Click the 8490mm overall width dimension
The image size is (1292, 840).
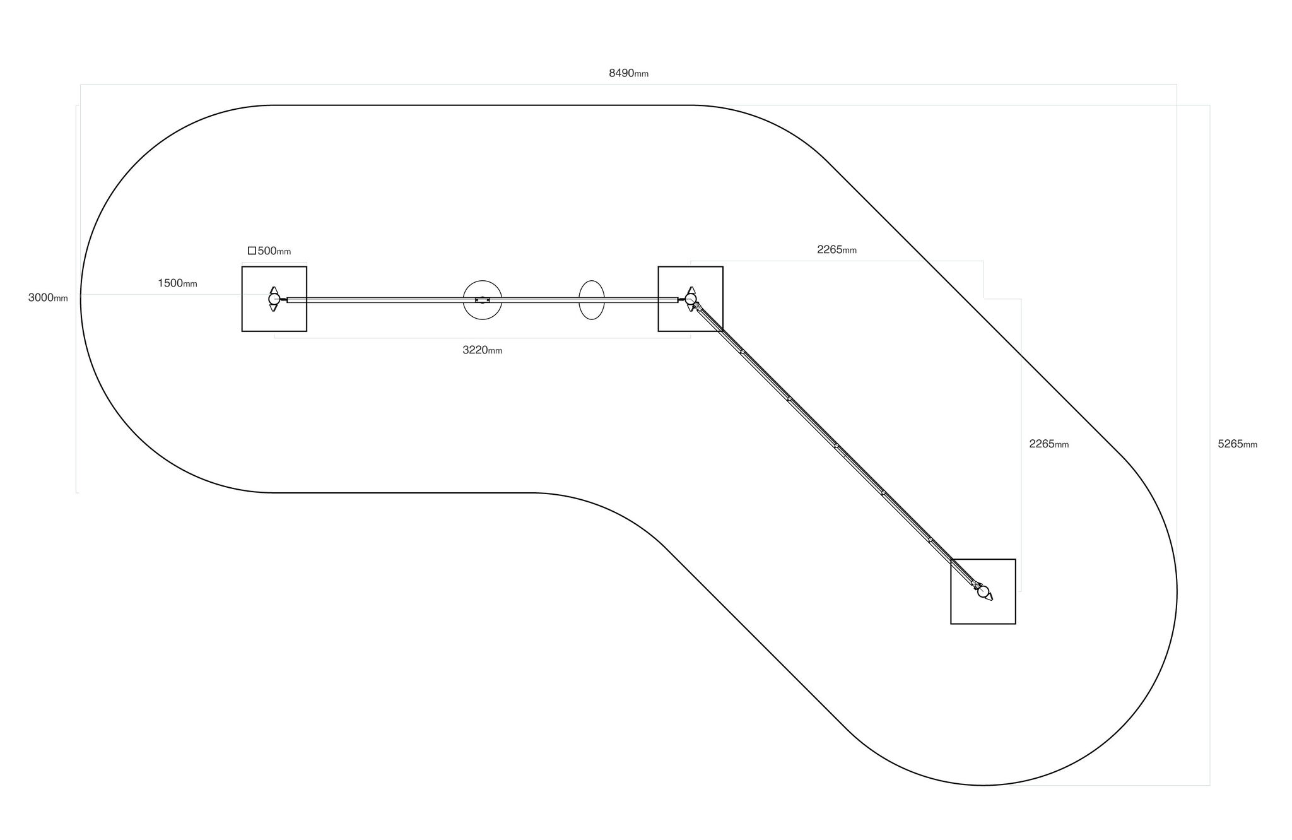pyautogui.click(x=628, y=73)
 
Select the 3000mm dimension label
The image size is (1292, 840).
pyautogui.click(x=48, y=298)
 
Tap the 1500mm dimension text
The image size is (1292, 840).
pyautogui.click(x=177, y=283)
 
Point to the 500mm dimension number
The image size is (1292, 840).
pyautogui.click(x=274, y=251)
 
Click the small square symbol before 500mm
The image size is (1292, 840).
pyautogui.click(x=252, y=251)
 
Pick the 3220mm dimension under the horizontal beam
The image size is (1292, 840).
pyautogui.click(x=483, y=350)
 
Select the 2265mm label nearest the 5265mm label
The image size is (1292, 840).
pyautogui.click(x=1049, y=444)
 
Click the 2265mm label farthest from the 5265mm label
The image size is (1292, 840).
pyautogui.click(x=837, y=250)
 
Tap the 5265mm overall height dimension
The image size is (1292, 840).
pyautogui.click(x=1238, y=444)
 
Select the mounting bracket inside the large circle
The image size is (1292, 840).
pyautogui.click(x=483, y=300)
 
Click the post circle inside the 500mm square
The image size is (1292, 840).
pyautogui.click(x=274, y=299)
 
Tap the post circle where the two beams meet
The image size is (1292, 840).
pyautogui.click(x=690, y=299)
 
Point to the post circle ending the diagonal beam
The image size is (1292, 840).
pyautogui.click(x=983, y=591)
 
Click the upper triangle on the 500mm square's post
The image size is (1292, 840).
pyautogui.click(x=274, y=290)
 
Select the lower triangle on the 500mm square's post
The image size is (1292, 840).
pyautogui.click(x=274, y=308)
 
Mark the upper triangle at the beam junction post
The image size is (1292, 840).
pyautogui.click(x=691, y=290)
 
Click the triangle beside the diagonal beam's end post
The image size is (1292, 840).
pyautogui.click(x=989, y=596)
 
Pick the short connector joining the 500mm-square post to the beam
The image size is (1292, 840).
pyautogui.click(x=283, y=299)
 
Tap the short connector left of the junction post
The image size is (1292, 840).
pyautogui.click(x=681, y=299)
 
